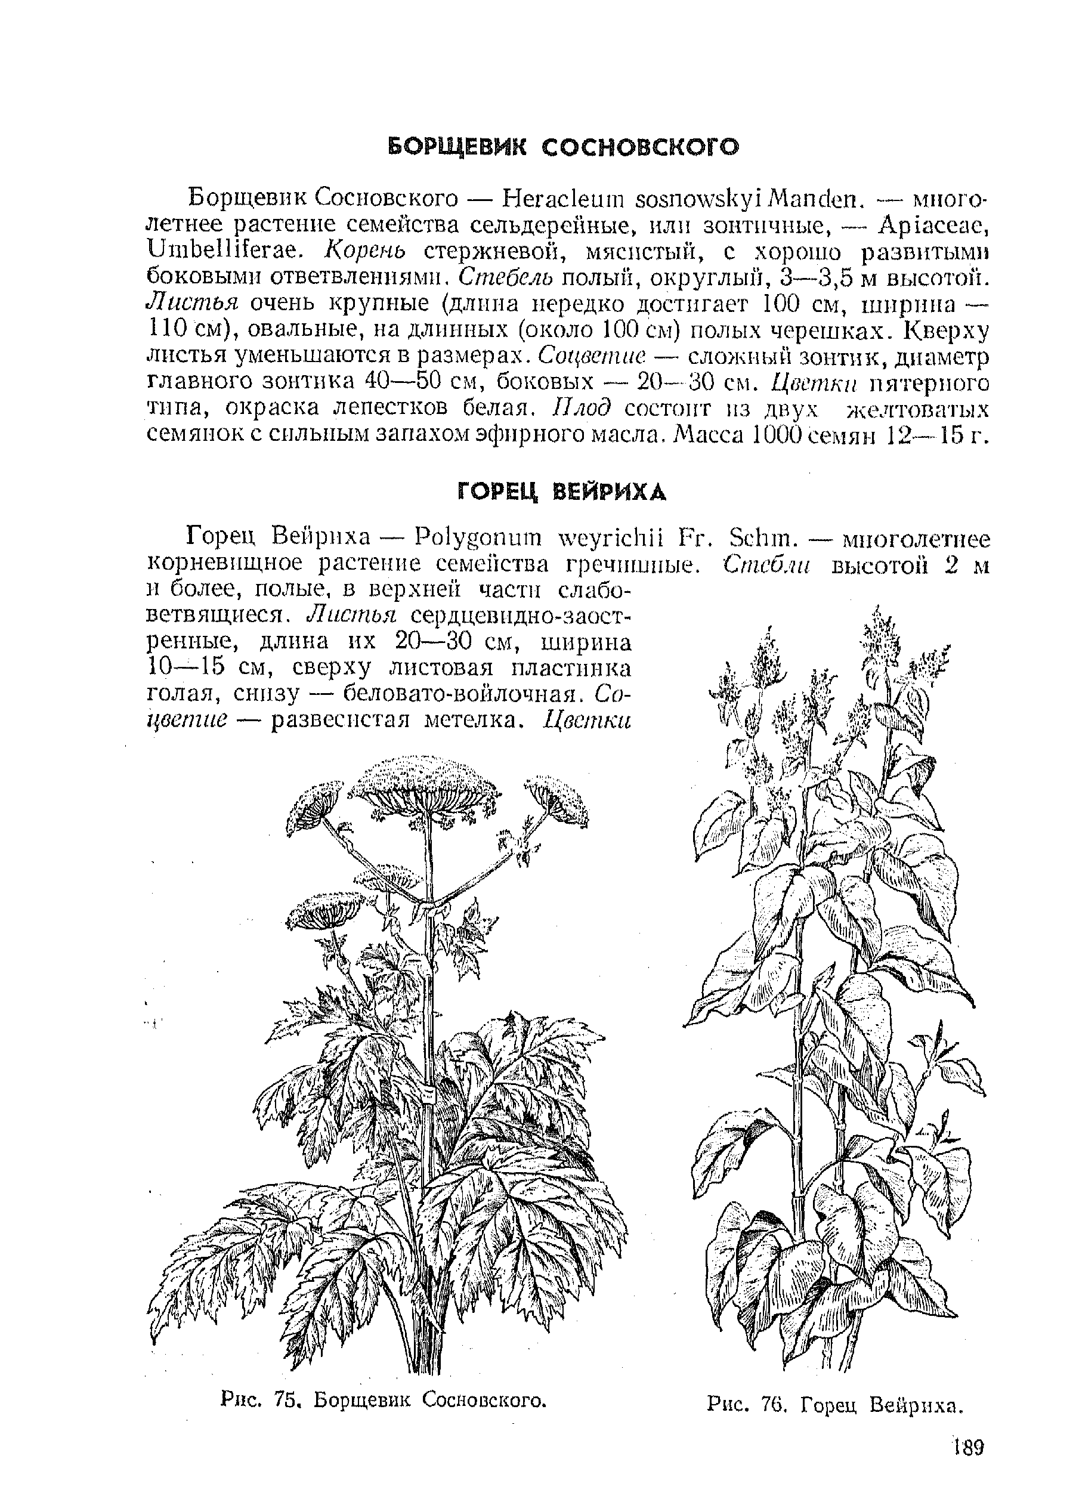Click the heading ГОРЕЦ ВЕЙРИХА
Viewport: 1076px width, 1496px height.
(x=561, y=492)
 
